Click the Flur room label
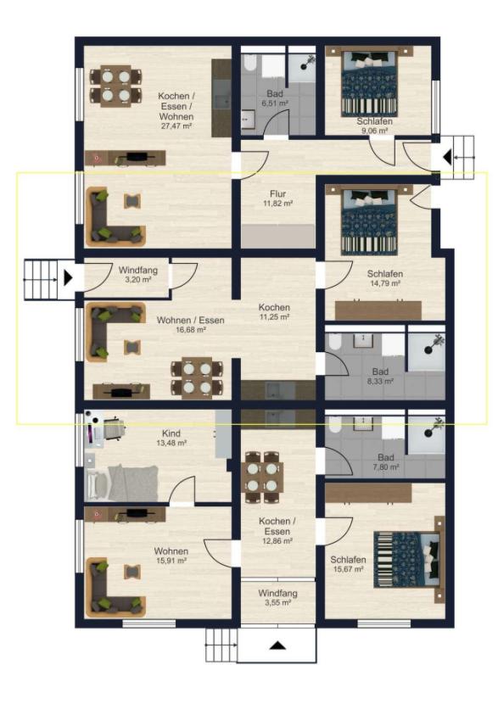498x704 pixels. click(x=278, y=194)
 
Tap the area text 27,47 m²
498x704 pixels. click(x=176, y=126)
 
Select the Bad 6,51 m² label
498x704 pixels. click(x=275, y=98)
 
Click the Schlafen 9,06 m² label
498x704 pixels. click(x=374, y=126)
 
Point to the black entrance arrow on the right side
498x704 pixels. click(x=447, y=158)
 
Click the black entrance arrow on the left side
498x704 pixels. click(x=68, y=277)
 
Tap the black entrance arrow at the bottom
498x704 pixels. click(x=278, y=645)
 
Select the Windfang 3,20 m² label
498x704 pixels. click(x=137, y=274)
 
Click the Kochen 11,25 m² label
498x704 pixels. click(x=274, y=312)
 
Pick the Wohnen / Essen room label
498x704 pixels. click(x=190, y=321)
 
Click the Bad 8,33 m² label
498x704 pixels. click(x=380, y=377)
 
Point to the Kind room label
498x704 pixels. click(x=171, y=433)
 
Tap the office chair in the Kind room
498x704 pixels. click(x=113, y=430)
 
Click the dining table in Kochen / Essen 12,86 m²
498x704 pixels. click(x=262, y=477)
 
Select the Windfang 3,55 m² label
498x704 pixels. click(x=277, y=598)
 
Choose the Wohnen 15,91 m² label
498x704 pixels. click(x=171, y=556)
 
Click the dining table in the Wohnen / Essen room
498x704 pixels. click(x=197, y=377)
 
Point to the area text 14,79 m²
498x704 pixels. click(x=385, y=283)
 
